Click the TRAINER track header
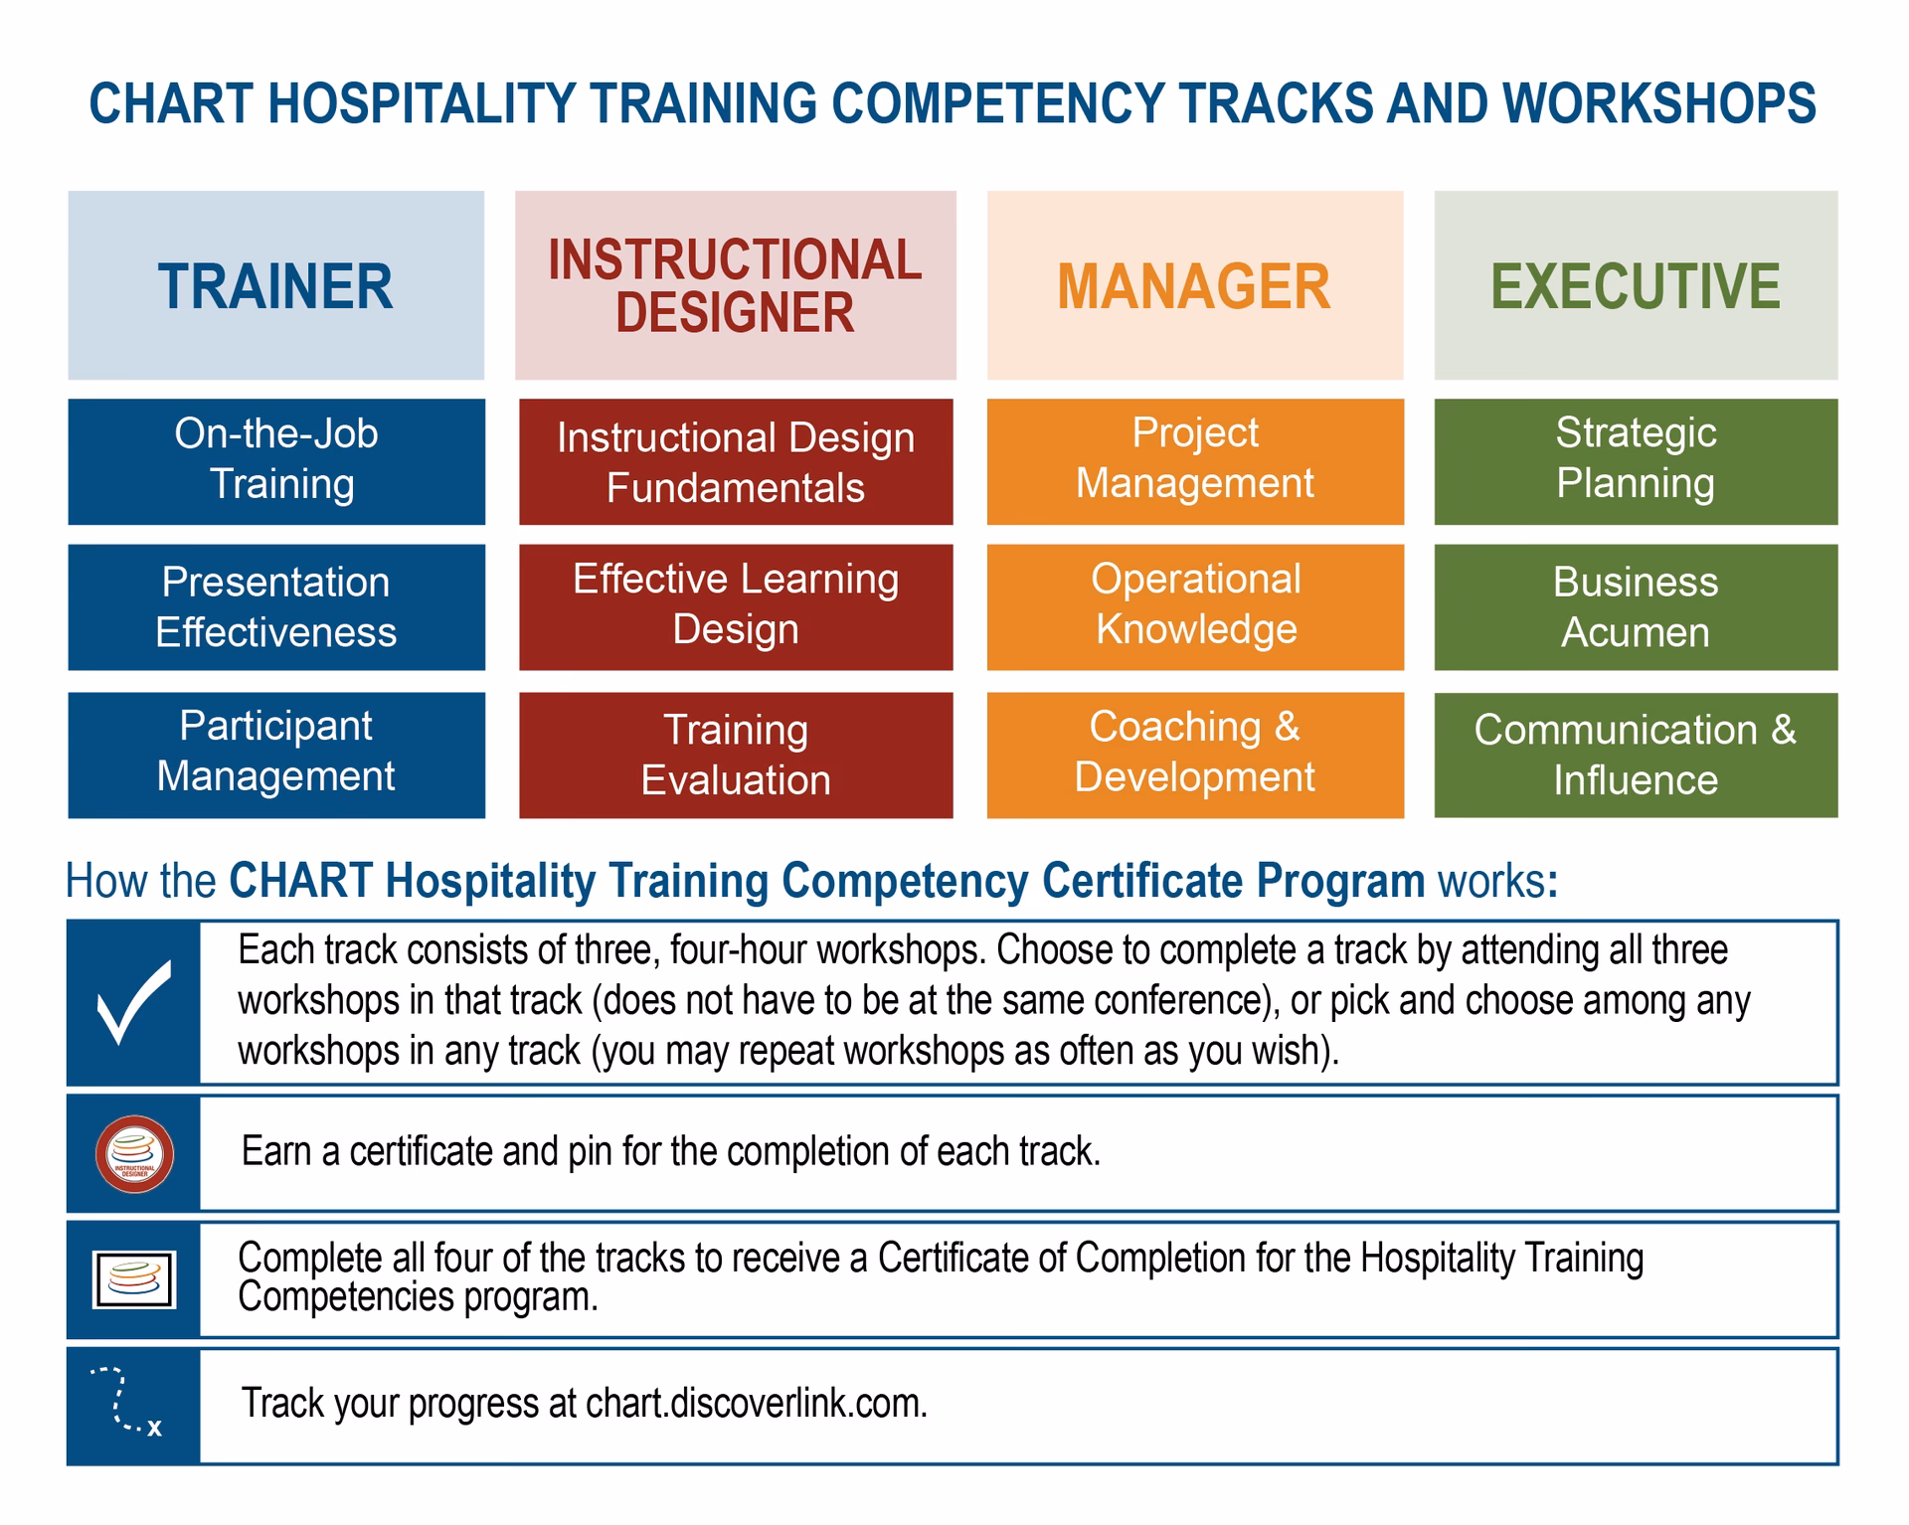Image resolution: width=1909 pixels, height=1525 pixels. coord(275,285)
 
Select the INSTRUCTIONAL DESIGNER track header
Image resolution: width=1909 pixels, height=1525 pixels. coord(735,285)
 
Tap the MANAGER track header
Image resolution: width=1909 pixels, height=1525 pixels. coord(1194,285)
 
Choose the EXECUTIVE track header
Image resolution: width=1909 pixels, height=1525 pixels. coord(1635,285)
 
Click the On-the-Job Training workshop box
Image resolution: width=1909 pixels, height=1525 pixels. coord(276,461)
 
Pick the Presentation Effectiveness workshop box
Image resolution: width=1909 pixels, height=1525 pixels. coord(276,606)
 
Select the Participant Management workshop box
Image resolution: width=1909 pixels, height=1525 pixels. coord(276,755)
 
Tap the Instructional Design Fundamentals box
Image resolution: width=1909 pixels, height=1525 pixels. coord(736,461)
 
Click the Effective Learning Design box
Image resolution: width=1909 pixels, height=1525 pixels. coord(736,606)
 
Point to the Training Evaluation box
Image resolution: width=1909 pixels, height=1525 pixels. coord(736,755)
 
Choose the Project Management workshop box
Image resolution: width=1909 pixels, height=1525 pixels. coord(1195,461)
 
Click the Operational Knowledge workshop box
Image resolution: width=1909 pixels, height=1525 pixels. coord(1195,606)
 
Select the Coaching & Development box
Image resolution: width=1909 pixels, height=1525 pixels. coord(1195,755)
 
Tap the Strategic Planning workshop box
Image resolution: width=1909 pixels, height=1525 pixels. coord(1636,461)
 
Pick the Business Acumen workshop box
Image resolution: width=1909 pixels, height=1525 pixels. coord(1636,606)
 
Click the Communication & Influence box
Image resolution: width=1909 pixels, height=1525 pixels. coord(1636,755)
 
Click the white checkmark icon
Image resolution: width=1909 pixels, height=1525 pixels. coord(134,1002)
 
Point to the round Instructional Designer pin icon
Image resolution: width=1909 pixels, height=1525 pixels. coord(134,1154)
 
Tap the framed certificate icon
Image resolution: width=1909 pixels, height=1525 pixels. coord(134,1279)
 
